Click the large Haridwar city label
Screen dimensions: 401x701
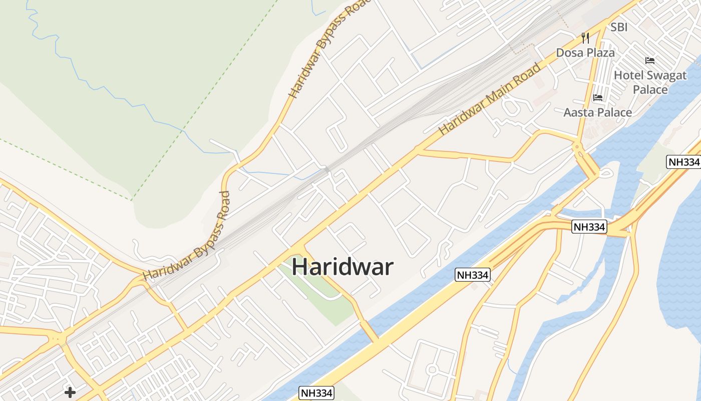pyautogui.click(x=342, y=267)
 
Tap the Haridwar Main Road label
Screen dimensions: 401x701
pyautogui.click(x=490, y=98)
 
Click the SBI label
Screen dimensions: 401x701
pyautogui.click(x=619, y=27)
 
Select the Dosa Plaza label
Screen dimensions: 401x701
pyautogui.click(x=585, y=53)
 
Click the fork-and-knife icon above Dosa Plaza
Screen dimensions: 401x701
pyautogui.click(x=585, y=38)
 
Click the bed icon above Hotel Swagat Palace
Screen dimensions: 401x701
pyautogui.click(x=650, y=61)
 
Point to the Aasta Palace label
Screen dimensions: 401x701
pyautogui.click(x=597, y=112)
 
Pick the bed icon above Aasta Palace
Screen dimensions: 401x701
pyautogui.click(x=597, y=97)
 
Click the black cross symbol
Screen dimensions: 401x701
pyautogui.click(x=70, y=392)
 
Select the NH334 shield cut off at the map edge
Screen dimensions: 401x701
pyautogui.click(x=683, y=162)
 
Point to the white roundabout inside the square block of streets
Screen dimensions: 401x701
pyautogui.click(x=432, y=370)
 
